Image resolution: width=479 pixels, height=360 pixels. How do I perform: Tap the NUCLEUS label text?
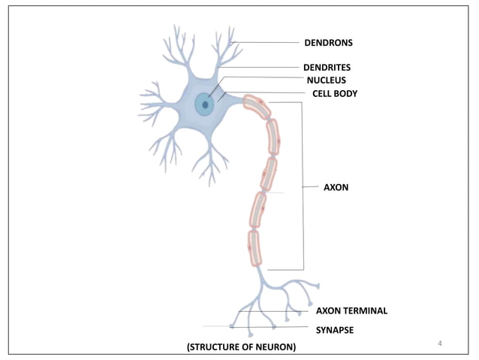[x=326, y=80]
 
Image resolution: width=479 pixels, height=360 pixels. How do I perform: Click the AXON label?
[x=336, y=186]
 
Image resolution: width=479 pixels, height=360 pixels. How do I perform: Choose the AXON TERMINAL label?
[x=351, y=310]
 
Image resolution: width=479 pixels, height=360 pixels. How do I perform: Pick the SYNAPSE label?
[x=335, y=329]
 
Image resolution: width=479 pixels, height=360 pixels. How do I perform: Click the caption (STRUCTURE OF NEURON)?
[x=241, y=346]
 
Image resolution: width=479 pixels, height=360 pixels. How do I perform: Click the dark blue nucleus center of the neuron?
[x=203, y=104]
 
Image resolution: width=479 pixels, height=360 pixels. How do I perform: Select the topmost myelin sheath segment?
[x=258, y=107]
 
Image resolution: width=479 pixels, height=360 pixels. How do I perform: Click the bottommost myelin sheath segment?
[x=255, y=248]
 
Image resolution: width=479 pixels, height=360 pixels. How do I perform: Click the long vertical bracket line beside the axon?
[x=303, y=186]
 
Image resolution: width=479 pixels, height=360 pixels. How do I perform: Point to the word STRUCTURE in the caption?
[x=216, y=346]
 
